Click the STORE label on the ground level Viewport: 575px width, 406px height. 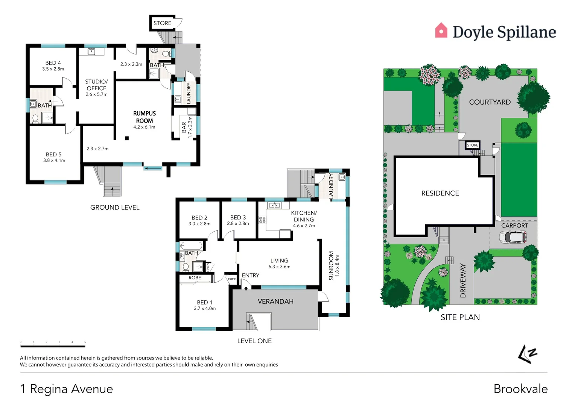[162, 23]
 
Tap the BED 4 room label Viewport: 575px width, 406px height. [53, 63]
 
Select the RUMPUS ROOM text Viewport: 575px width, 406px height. [145, 117]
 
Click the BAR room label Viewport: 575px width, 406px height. [184, 127]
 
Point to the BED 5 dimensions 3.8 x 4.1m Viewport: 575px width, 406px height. [54, 161]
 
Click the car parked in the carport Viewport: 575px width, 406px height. [513, 237]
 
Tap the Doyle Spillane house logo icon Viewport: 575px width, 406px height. [441, 31]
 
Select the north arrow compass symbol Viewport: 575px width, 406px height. [527, 354]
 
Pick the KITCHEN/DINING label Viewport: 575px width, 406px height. [304, 216]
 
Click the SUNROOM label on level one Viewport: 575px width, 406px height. [331, 265]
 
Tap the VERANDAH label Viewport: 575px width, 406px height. [275, 301]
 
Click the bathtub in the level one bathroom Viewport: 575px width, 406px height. [191, 246]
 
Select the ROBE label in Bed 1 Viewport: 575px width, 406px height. [195, 278]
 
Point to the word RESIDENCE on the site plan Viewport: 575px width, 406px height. [440, 193]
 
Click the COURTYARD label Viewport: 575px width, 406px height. [490, 102]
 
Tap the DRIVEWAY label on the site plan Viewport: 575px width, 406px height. [463, 280]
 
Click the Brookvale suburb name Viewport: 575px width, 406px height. [520, 389]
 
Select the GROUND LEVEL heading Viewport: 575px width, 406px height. [115, 208]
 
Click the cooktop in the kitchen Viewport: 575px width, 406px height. [262, 220]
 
